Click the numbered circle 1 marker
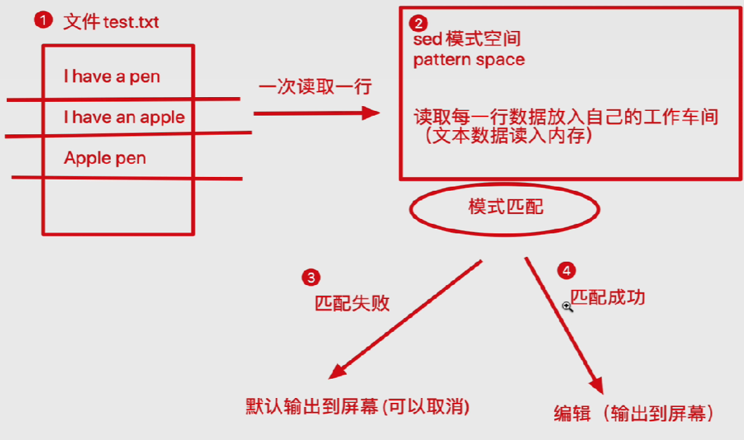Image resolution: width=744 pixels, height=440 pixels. [43, 21]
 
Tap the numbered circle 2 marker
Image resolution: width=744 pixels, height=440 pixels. [418, 23]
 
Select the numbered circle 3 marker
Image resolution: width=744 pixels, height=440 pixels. [311, 277]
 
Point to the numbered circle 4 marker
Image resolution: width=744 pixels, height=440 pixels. [566, 271]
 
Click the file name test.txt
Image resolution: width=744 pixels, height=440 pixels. [131, 22]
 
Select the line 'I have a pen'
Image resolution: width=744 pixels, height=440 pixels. [111, 76]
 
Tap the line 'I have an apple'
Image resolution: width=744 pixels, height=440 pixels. [124, 117]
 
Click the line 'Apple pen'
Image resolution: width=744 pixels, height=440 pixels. [105, 158]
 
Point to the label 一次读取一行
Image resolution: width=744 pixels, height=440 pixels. [315, 87]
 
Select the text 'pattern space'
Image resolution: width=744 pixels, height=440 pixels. [469, 60]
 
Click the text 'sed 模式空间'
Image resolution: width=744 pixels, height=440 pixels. [467, 39]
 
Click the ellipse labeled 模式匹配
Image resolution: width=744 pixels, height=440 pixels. [505, 207]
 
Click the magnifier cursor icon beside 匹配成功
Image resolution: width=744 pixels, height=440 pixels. [568, 306]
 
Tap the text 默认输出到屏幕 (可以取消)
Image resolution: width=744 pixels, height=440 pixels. [357, 406]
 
